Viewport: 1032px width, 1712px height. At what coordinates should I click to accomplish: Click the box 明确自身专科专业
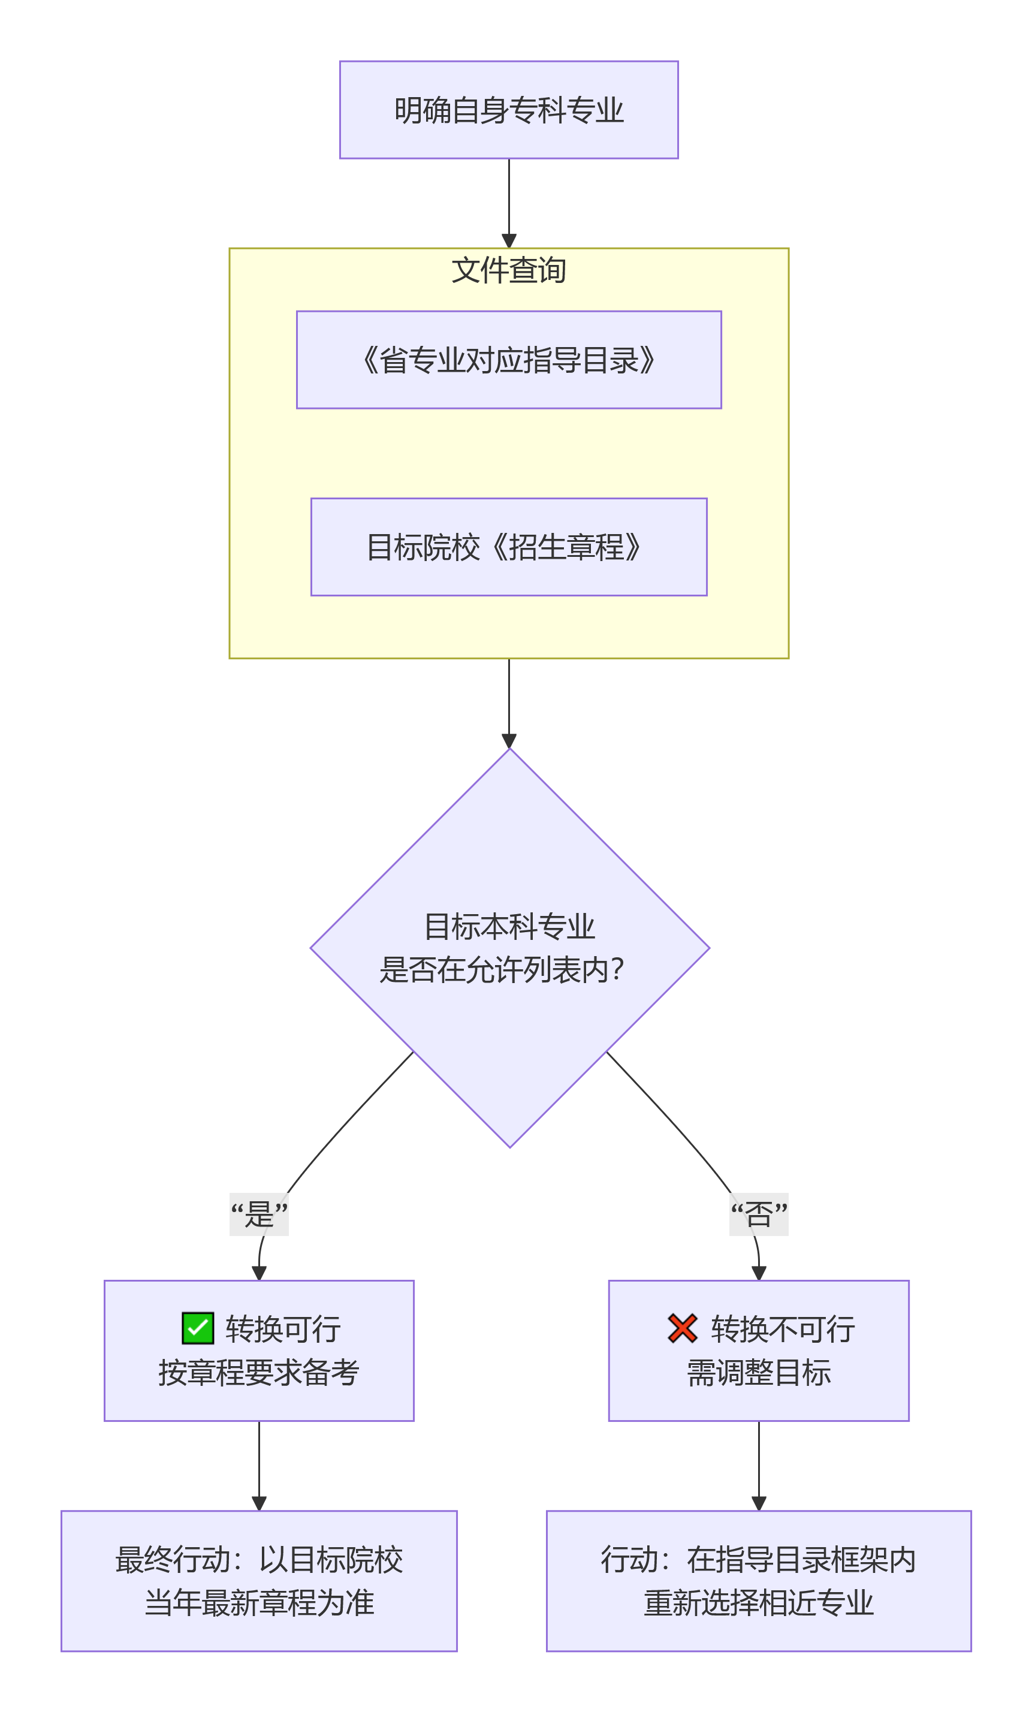pos(508,110)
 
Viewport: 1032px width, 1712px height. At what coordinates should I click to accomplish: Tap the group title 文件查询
pos(508,270)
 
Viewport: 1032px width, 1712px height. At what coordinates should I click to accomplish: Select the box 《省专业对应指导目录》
pos(508,359)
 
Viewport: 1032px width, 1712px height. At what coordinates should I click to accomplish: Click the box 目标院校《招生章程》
pos(508,546)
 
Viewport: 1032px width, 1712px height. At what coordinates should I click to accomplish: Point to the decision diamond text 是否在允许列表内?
pos(502,969)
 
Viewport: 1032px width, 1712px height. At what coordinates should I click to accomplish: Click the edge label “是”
pos(259,1214)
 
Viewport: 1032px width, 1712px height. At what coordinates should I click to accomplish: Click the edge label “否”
pos(758,1214)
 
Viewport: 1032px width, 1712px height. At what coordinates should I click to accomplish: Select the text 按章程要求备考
pos(258,1372)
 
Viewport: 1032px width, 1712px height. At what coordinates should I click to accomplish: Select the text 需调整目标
pos(758,1372)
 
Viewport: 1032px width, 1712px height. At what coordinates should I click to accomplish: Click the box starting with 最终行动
pos(258,1581)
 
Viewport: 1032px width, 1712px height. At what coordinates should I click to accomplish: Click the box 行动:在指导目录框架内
pos(758,1581)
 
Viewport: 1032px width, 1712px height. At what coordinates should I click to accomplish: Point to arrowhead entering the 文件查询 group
pos(509,241)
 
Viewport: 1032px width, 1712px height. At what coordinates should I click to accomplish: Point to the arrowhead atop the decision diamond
pos(509,741)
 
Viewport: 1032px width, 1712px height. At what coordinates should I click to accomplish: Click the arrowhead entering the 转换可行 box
pos(259,1273)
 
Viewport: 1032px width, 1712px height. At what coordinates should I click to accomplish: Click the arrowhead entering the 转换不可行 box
pos(758,1273)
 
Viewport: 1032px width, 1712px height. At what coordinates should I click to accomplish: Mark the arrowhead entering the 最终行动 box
pos(259,1503)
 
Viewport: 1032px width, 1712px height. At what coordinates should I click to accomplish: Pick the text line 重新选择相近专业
pos(758,1603)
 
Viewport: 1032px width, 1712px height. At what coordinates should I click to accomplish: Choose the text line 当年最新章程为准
pos(258,1603)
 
